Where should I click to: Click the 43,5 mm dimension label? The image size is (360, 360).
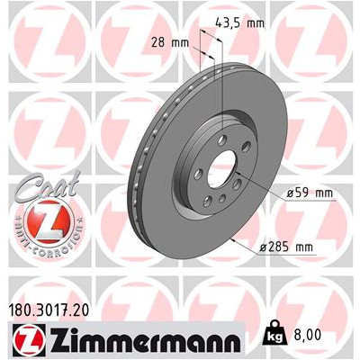coord(240,22)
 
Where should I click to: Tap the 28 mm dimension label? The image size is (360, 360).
coord(170,42)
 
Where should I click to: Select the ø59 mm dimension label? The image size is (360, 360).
coord(310,193)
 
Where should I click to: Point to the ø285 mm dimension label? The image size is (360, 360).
coord(286,247)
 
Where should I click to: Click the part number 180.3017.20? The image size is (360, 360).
coord(48,310)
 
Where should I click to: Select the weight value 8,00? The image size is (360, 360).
coord(307,335)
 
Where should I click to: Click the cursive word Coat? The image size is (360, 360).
coord(47,184)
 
